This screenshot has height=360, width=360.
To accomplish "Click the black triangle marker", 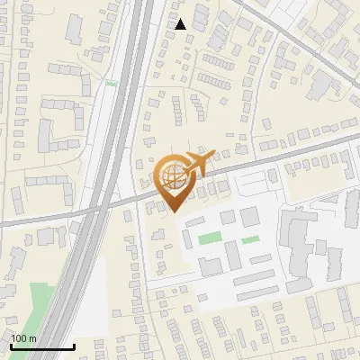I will (x=181, y=24).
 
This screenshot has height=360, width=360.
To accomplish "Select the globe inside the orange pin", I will (x=171, y=177).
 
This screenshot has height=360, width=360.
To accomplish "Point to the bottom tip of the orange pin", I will (x=171, y=211).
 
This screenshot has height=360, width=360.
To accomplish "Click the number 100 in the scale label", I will (x=20, y=338).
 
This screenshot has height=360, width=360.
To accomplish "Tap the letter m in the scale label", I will (x=33, y=338).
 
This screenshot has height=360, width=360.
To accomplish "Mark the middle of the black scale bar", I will (x=42, y=346).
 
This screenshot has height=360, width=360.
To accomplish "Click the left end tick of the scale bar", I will (x=12, y=345).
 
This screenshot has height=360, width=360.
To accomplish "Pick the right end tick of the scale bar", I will (x=74, y=345).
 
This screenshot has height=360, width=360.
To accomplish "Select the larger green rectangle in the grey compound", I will (x=210, y=238).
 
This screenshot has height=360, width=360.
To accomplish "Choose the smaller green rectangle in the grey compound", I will (x=250, y=239).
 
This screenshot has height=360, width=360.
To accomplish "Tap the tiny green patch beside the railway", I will (x=111, y=84).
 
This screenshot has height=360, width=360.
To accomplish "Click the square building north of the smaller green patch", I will (x=249, y=216).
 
